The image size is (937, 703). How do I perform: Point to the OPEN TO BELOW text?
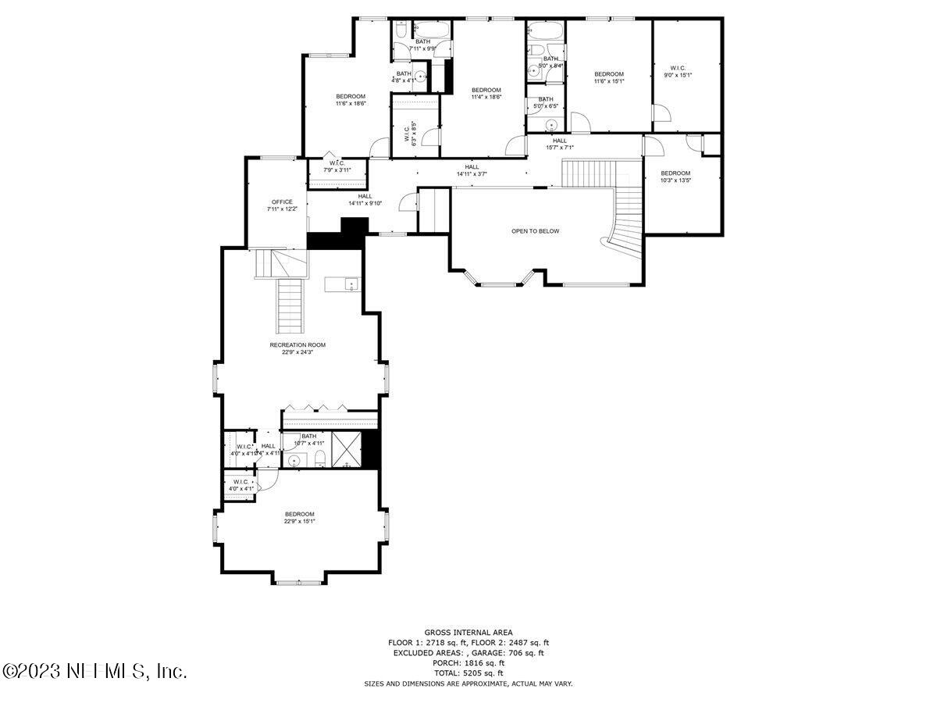click(535, 231)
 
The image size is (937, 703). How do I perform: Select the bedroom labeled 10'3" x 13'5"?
click(675, 177)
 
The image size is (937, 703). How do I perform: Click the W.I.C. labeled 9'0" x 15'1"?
click(678, 71)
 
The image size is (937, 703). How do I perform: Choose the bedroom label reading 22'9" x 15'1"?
click(299, 518)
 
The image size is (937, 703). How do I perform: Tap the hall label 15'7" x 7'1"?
click(560, 144)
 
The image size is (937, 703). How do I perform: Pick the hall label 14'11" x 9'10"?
click(365, 200)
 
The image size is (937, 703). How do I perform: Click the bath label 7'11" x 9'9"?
click(422, 45)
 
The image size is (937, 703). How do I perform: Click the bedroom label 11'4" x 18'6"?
click(486, 94)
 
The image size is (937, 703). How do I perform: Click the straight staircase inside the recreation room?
click(290, 306)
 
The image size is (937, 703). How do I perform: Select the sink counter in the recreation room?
click(343, 284)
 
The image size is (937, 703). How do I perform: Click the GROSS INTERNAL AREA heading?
click(468, 633)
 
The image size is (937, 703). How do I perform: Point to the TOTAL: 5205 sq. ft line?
click(468, 673)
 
